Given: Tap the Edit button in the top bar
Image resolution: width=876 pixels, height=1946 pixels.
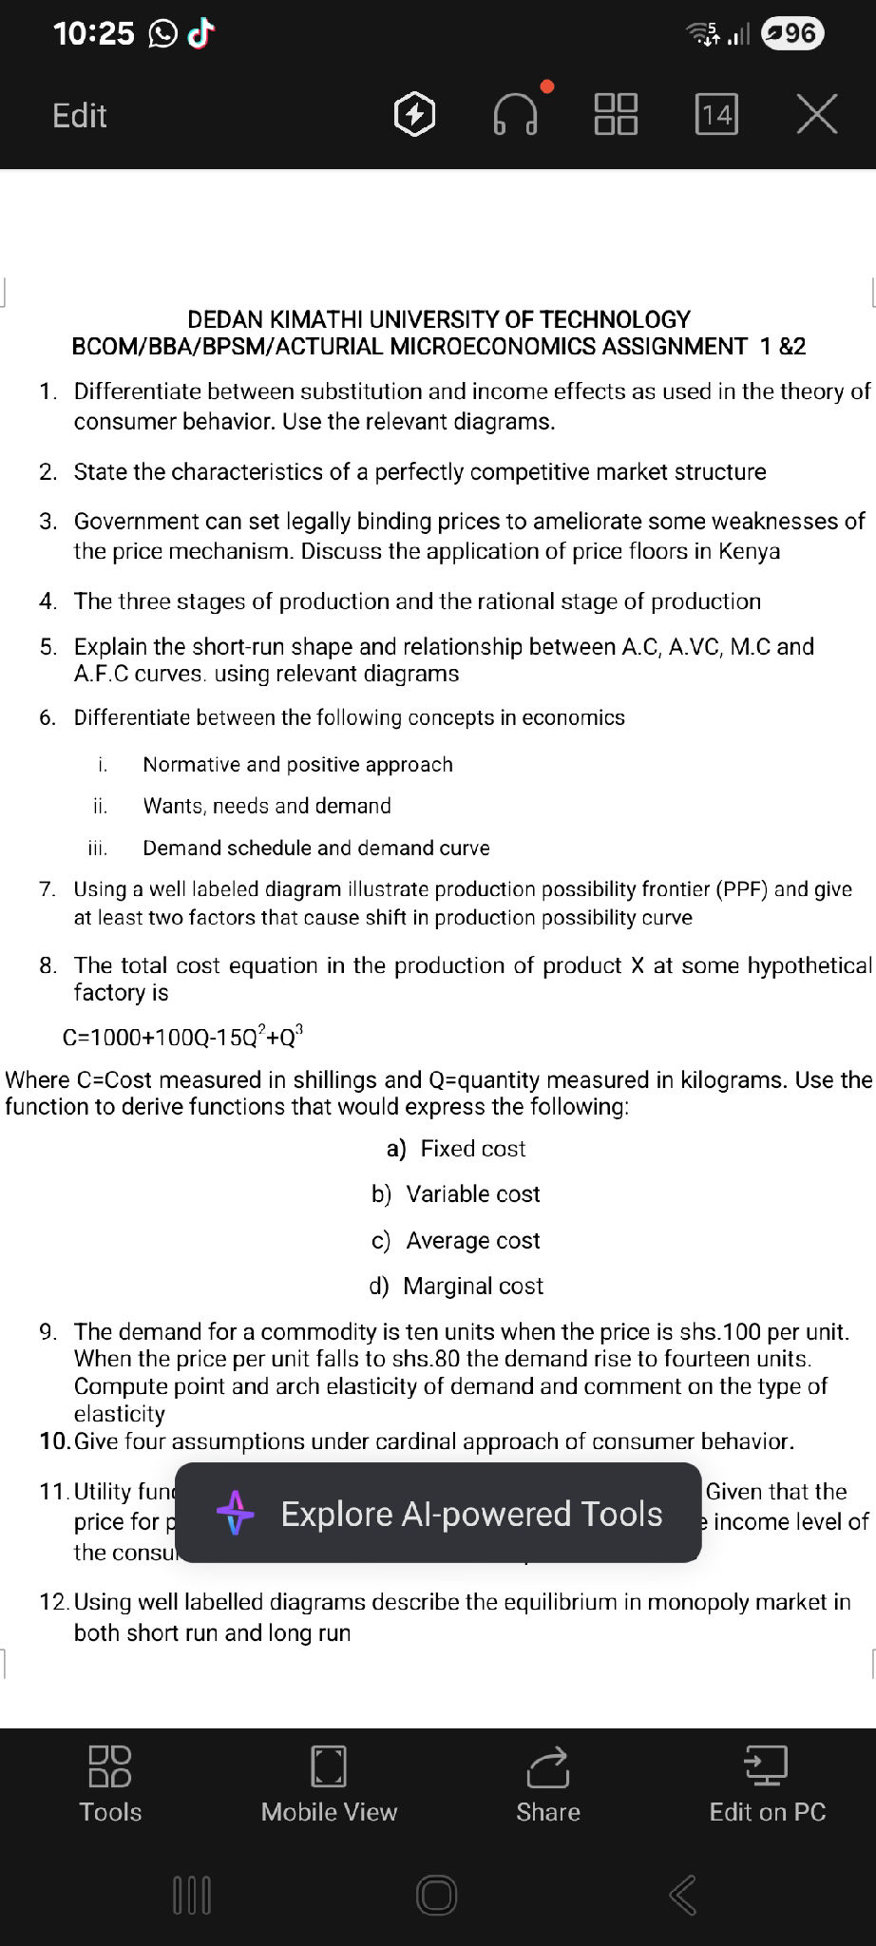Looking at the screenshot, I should (x=80, y=116).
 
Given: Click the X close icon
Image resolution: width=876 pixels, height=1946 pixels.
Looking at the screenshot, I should (x=816, y=115).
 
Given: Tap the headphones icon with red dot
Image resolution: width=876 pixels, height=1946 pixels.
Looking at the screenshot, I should (x=516, y=115).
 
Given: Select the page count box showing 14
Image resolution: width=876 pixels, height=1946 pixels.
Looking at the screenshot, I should (x=716, y=115).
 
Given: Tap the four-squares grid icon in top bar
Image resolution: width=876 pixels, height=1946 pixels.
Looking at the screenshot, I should (x=616, y=115).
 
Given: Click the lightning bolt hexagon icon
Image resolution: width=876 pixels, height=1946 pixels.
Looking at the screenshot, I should (x=414, y=115).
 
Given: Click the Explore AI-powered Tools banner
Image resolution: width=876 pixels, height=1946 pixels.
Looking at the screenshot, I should (x=439, y=1513).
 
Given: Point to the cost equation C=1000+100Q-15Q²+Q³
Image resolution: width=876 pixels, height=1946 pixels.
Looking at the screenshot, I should (x=182, y=1036).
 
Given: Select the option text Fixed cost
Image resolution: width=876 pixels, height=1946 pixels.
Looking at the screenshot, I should (x=472, y=1149).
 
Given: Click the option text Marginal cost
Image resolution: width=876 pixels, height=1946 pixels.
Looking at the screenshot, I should (x=473, y=1287).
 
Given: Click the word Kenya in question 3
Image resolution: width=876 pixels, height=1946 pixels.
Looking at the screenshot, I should (x=750, y=552).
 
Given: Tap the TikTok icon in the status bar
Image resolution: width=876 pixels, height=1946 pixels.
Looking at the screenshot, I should (x=200, y=34).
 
